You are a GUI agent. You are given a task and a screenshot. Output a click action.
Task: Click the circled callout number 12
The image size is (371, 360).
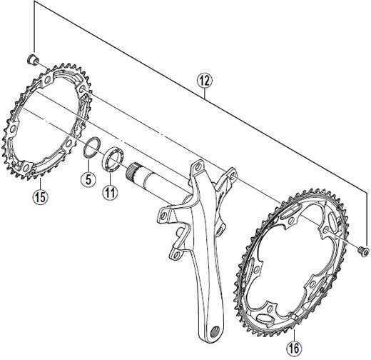pyautogui.click(x=204, y=81)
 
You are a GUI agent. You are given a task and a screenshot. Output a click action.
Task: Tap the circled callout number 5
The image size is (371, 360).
pyautogui.click(x=88, y=179)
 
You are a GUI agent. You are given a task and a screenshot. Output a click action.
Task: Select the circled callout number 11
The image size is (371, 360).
pyautogui.click(x=111, y=192)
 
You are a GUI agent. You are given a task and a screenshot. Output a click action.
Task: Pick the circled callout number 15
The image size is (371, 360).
pyautogui.click(x=40, y=197)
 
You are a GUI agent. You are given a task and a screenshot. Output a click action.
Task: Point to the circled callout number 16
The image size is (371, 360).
pyautogui.click(x=294, y=349)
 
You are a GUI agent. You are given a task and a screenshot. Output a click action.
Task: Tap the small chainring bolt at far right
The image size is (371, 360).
pyautogui.click(x=364, y=251)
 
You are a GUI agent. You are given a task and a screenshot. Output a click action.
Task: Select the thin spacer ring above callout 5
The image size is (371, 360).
pyautogui.click(x=91, y=148)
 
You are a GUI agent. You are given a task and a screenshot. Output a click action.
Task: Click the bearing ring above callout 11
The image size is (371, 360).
pyautogui.click(x=113, y=159)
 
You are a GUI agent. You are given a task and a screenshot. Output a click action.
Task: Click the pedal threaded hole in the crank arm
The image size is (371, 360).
pyautogui.click(x=215, y=331)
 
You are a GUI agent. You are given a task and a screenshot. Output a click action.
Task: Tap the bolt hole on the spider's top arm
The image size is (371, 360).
pyautogui.click(x=197, y=166)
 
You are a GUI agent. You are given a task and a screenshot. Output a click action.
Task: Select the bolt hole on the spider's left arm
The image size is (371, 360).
pyautogui.click(x=163, y=216)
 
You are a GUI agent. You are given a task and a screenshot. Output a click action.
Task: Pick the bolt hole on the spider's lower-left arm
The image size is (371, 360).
pyautogui.click(x=176, y=255)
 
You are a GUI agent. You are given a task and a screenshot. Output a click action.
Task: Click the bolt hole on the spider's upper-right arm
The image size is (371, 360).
pyautogui.click(x=233, y=175)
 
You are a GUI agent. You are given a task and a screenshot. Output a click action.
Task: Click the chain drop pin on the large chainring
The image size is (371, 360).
pyautogui.click(x=295, y=316)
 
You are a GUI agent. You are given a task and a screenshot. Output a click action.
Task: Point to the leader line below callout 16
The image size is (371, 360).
pyautogui.click(x=294, y=335)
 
